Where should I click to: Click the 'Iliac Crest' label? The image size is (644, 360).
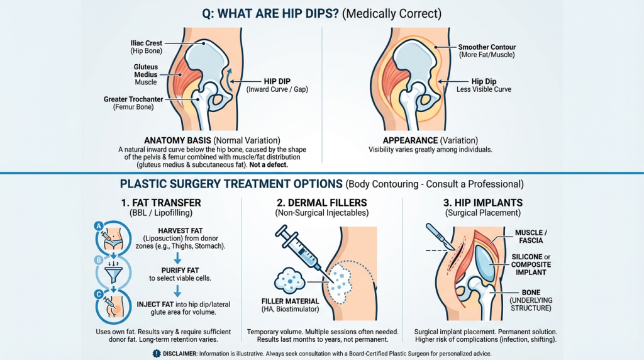click(x=145, y=43)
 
